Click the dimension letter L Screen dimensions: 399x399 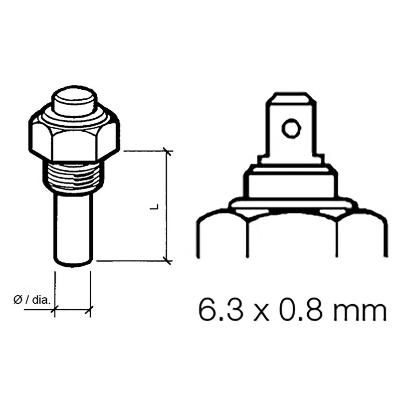[x=156, y=205]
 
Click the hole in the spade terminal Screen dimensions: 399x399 [x=291, y=129]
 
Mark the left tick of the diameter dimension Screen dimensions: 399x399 [x=54, y=310]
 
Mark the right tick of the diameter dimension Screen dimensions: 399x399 [x=90, y=310]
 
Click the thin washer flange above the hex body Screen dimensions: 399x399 [x=292, y=204]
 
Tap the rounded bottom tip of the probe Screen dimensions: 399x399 [x=74, y=263]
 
